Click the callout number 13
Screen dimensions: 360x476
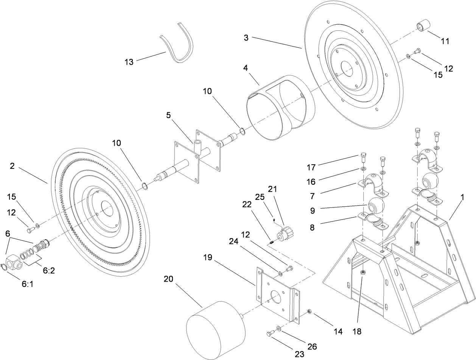pos(129,62)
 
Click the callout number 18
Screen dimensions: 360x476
pos(357,331)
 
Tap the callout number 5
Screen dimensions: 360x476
pos(168,115)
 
